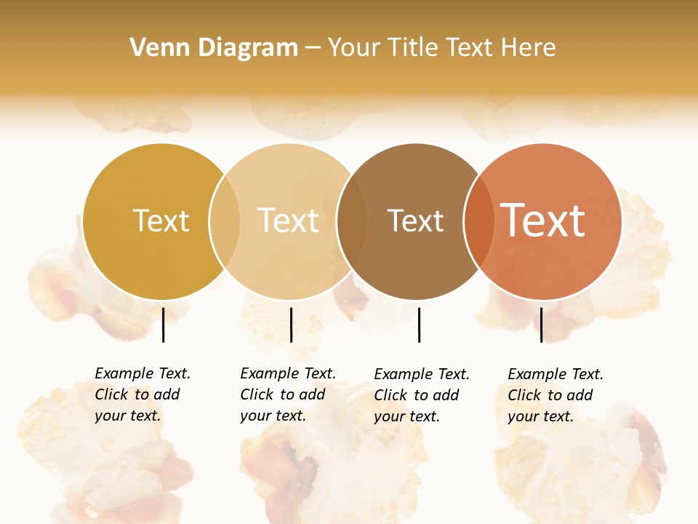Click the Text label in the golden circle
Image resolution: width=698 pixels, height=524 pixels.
coord(161,221)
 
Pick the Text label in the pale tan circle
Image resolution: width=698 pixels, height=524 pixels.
coord(288,221)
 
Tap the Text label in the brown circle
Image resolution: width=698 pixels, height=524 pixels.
coord(415,221)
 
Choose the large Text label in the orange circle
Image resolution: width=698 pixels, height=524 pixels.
coord(542,220)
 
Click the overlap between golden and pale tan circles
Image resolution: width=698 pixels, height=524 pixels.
coord(225,221)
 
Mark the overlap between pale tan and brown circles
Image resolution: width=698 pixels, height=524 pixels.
coord(351,221)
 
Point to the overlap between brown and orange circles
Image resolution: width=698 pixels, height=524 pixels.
coord(478,221)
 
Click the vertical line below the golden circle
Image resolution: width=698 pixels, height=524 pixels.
coord(164,325)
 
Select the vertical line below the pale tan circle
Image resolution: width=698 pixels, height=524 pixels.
coord(291,325)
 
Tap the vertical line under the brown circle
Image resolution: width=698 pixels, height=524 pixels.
coord(420,325)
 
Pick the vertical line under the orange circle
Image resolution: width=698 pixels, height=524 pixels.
coord(541,325)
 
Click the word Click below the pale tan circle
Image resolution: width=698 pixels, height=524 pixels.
coord(256,394)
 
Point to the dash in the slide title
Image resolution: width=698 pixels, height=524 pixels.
coord(313,48)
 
